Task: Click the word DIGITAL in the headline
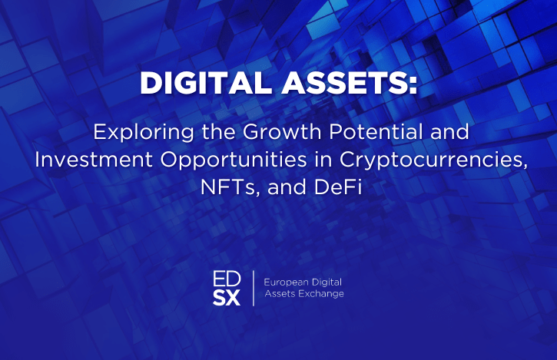[x=206, y=83]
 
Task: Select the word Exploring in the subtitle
[x=144, y=133]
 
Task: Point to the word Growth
[x=282, y=132]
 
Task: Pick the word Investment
[x=94, y=160]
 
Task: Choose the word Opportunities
[x=234, y=160]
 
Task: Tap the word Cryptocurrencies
[x=433, y=160]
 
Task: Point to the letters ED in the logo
[x=227, y=279]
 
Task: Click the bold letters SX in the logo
[x=227, y=298]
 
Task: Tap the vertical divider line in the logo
[x=254, y=288]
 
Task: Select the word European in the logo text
[x=286, y=282]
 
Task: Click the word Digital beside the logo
[x=327, y=282]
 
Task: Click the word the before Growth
[x=218, y=132]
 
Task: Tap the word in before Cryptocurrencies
[x=323, y=160]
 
